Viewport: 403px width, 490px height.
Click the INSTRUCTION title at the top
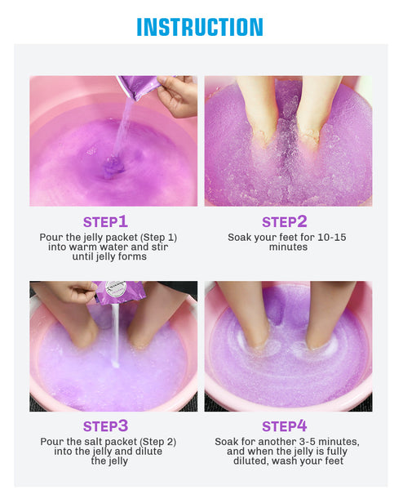[x=200, y=27]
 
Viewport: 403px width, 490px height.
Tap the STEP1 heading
[x=105, y=221]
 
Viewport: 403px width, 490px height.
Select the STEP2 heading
[x=285, y=221]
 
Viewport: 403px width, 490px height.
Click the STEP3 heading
[x=105, y=425]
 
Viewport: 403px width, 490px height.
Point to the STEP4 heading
[x=285, y=425]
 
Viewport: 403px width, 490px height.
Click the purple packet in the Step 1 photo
[x=137, y=85]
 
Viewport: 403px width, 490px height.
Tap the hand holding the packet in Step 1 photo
[x=178, y=95]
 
